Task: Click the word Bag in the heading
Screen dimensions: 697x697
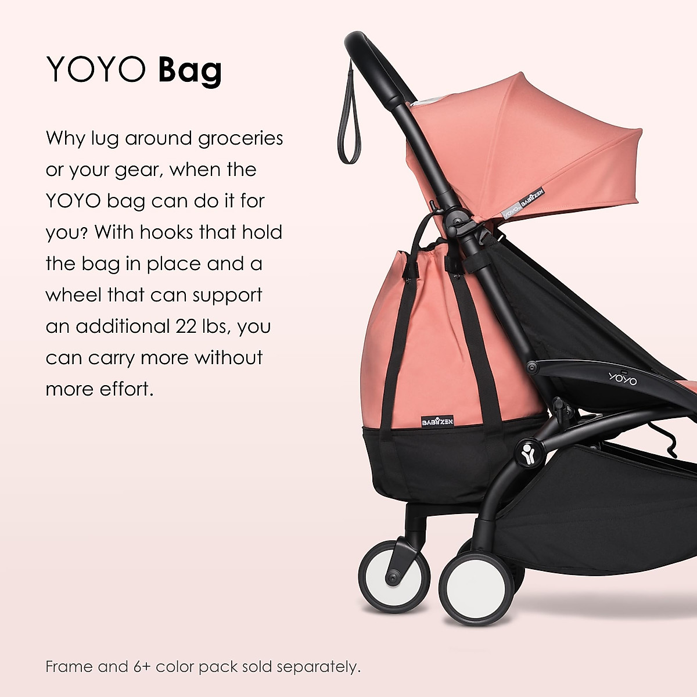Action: coord(190,70)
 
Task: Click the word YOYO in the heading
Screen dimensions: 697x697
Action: coord(96,70)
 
